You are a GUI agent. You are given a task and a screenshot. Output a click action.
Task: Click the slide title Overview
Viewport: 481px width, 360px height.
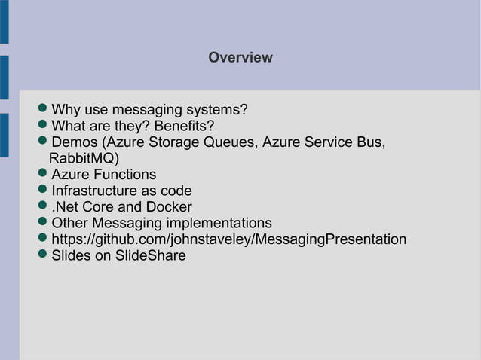pos(240,58)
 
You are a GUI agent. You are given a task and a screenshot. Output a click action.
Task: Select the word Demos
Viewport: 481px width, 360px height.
pos(75,142)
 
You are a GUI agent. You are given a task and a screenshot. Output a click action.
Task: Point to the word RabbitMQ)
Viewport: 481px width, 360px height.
pos(84,158)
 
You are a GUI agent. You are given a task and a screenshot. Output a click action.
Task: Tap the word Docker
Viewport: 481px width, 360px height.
pos(168,206)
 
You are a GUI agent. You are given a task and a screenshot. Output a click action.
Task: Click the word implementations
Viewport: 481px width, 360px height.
pos(219,223)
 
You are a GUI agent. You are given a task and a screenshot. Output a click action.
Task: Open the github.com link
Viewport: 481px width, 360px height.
pos(228,239)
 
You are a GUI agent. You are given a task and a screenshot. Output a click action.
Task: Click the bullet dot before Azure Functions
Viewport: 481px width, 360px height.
pos(44,175)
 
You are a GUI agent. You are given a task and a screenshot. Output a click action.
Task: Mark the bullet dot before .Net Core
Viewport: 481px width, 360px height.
pos(44,206)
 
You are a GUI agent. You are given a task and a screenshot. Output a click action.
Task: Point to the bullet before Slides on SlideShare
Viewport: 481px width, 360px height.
pos(44,255)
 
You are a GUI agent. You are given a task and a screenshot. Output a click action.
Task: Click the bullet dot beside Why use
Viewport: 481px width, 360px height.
pos(44,110)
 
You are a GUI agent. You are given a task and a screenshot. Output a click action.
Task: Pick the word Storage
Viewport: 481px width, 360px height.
pos(173,142)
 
